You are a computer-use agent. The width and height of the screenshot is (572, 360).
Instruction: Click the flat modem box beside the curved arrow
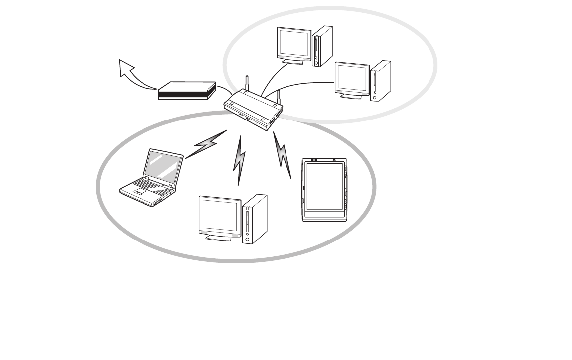[187, 91]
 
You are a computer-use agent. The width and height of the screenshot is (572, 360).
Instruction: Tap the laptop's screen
[163, 166]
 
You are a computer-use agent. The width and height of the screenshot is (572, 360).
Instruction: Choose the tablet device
[324, 190]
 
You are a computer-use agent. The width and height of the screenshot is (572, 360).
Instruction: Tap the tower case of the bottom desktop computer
[254, 219]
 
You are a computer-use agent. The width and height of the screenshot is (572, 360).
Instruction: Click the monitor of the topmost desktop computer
[294, 44]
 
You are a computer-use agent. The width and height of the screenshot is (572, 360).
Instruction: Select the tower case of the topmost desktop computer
[322, 46]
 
